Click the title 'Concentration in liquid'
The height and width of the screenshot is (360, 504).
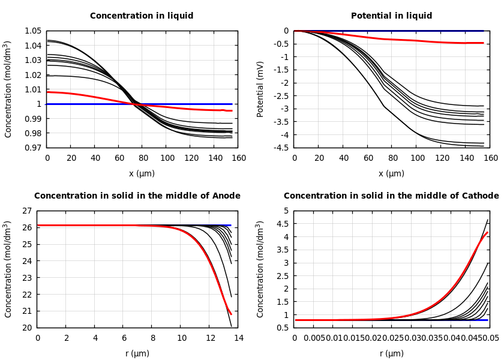click(142, 16)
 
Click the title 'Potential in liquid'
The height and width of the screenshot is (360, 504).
click(391, 16)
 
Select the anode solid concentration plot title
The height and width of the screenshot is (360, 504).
click(137, 196)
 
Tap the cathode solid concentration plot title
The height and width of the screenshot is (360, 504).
click(391, 196)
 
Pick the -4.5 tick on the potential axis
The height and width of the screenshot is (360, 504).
click(281, 148)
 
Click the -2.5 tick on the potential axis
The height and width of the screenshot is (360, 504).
click(281, 95)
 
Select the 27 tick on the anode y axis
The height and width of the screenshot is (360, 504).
click(26, 211)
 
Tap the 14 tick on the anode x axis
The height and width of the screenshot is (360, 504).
click(238, 338)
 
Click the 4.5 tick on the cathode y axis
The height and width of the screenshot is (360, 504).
click(283, 224)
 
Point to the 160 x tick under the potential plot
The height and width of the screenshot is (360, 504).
click(491, 158)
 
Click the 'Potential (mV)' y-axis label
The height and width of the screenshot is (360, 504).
click(260, 89)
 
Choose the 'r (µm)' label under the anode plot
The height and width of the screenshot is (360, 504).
click(137, 353)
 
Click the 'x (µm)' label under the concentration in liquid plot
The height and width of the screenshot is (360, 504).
click(142, 173)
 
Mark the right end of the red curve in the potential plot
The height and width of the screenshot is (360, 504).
click(483, 43)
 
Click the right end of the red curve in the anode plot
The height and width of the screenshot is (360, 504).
click(231, 314)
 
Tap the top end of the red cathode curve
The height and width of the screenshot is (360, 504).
click(487, 233)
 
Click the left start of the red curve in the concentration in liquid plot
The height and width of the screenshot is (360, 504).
click(47, 92)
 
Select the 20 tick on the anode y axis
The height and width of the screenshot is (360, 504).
click(26, 328)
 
